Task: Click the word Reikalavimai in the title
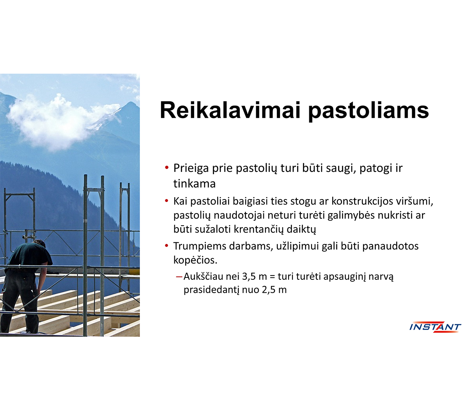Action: [230, 110]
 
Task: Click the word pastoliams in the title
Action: [369, 111]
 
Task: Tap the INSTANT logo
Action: [435, 327]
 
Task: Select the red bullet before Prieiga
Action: [167, 167]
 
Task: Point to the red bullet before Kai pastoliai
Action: [167, 201]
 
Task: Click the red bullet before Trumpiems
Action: [167, 246]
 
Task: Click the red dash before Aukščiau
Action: [179, 277]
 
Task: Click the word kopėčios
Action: [195, 260]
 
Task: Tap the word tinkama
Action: [195, 184]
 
